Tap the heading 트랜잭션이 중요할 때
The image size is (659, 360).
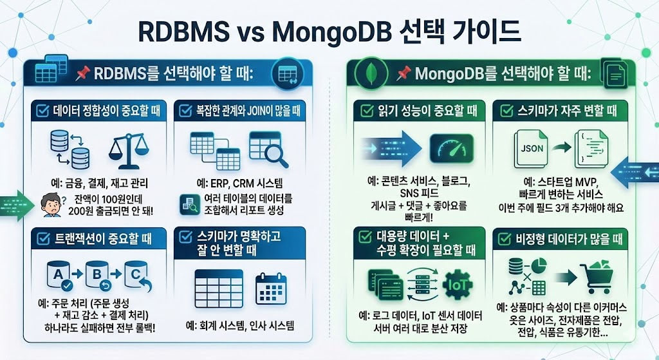[104, 240]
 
